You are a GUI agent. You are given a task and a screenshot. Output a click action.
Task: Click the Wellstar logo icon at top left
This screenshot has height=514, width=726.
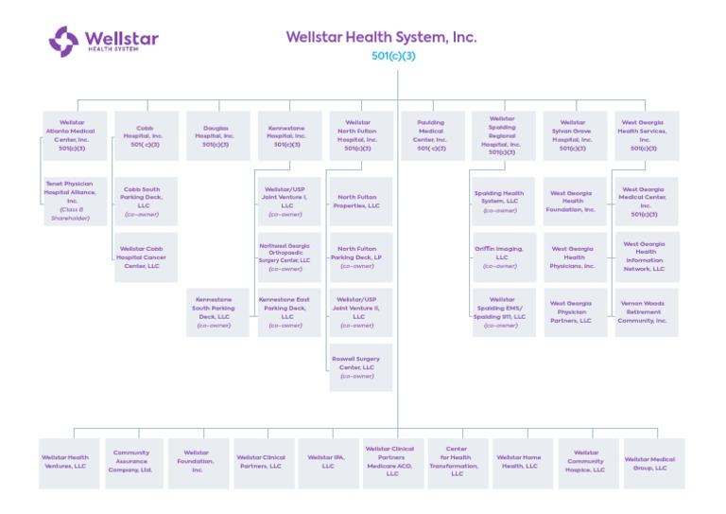point(64,41)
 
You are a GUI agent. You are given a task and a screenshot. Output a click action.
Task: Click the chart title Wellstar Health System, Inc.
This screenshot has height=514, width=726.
point(381,38)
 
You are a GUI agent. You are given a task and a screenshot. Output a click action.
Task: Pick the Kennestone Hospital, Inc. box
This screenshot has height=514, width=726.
point(286,135)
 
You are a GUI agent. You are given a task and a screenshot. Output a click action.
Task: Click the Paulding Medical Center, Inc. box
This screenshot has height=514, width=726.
point(430,135)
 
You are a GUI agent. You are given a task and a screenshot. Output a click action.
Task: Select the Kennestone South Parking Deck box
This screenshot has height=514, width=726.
point(215,312)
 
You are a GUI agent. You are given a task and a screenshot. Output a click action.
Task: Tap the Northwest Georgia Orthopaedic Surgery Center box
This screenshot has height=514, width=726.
point(286,257)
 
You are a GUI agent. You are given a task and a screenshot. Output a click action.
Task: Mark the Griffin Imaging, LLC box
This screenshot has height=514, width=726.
point(502,257)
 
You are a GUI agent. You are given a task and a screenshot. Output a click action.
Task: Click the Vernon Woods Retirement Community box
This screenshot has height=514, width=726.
point(644,312)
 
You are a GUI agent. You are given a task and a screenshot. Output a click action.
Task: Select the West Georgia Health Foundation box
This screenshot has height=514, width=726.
point(574,201)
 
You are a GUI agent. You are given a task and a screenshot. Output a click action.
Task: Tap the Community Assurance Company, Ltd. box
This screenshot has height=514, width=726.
point(131,462)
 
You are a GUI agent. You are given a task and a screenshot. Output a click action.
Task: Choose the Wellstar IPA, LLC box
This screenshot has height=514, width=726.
point(327,462)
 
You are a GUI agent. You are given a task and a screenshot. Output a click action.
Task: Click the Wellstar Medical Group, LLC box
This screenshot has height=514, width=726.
point(652,462)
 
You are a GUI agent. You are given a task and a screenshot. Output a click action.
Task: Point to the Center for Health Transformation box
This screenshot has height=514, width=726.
point(458,462)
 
